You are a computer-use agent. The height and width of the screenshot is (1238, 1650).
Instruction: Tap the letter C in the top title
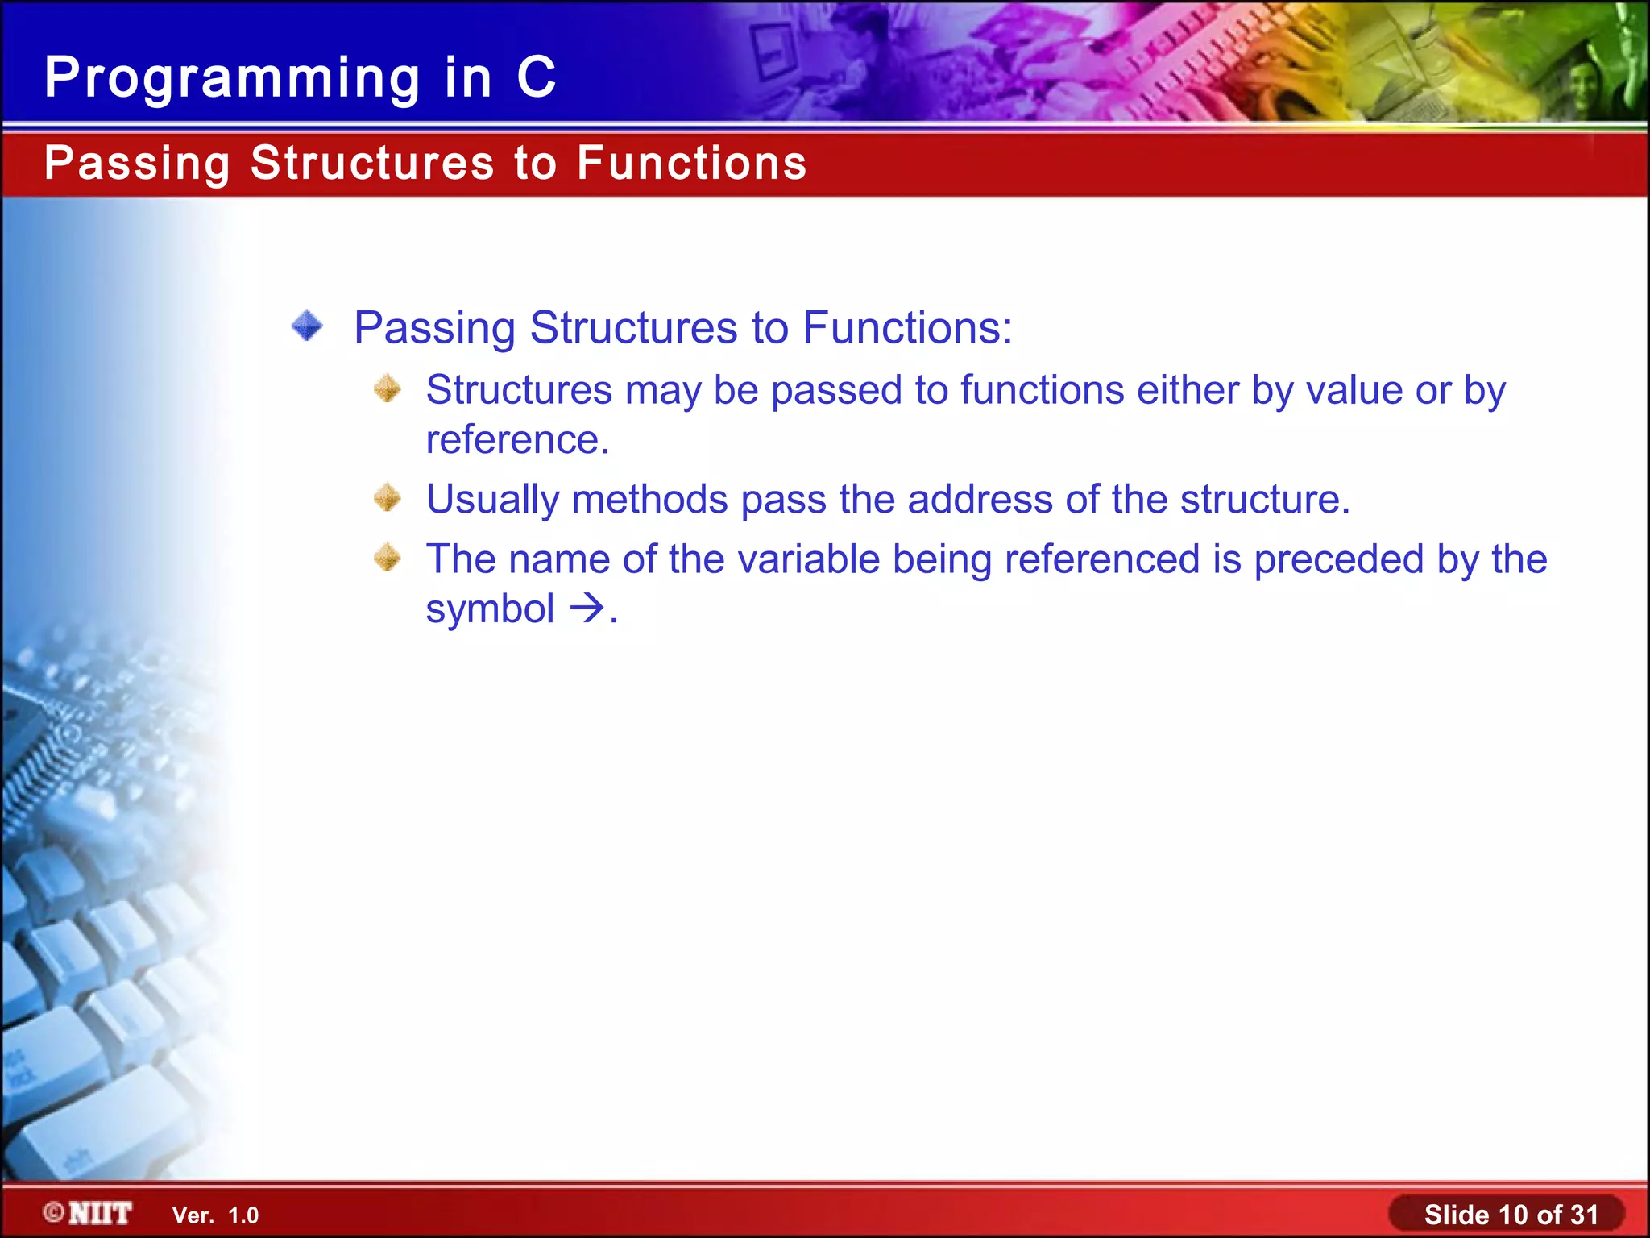536,77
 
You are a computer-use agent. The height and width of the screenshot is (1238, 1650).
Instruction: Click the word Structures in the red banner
372,163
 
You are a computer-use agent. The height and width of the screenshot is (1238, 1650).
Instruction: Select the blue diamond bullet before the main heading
307,326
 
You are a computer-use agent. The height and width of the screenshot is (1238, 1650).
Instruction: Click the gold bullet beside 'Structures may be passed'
388,388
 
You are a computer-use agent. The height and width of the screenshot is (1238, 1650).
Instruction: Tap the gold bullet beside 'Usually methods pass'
388,497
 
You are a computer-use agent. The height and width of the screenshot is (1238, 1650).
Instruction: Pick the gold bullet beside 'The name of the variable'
388,557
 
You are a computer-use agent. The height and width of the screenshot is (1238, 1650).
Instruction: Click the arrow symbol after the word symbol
587,609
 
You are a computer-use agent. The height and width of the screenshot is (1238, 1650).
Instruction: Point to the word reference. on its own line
517,440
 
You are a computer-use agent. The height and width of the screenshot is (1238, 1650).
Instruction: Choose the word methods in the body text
649,499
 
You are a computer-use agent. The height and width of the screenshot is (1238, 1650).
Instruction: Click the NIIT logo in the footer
88,1213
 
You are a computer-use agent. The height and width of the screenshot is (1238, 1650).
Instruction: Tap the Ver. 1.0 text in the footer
215,1215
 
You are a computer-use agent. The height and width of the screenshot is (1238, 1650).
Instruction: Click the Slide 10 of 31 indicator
1511,1214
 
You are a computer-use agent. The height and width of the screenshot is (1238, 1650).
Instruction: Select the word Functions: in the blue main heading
907,328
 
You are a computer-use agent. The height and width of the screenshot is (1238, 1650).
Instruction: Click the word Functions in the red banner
691,163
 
